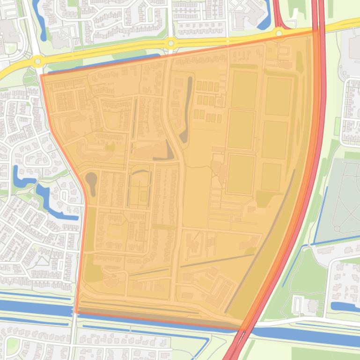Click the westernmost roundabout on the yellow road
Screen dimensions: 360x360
(x=37, y=60)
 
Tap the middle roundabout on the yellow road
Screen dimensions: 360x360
(x=171, y=43)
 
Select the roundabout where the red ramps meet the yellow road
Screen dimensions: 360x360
(x=279, y=33)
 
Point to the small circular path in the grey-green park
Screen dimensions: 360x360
(x=337, y=228)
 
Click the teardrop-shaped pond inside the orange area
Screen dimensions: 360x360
(x=91, y=181)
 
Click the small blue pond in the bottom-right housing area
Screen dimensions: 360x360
(x=344, y=307)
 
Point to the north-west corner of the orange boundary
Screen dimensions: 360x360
(x=41, y=75)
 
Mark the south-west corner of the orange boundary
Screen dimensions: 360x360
(x=75, y=312)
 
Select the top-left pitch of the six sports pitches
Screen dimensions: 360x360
(x=243, y=90)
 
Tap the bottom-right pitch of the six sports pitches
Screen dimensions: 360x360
(x=271, y=177)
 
